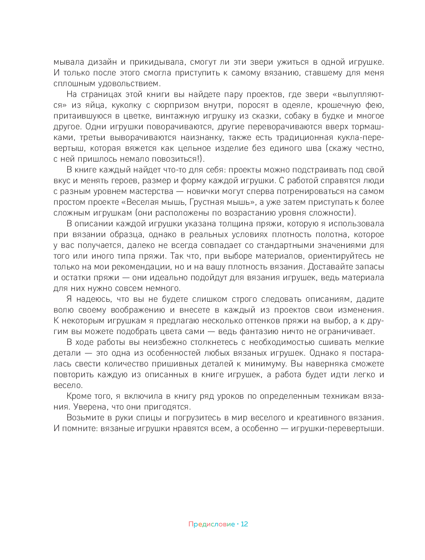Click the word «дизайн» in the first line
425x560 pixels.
[x=102, y=62]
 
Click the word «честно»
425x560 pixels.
[x=370, y=148]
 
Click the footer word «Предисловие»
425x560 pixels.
[x=211, y=524]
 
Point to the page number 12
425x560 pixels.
[x=244, y=524]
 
